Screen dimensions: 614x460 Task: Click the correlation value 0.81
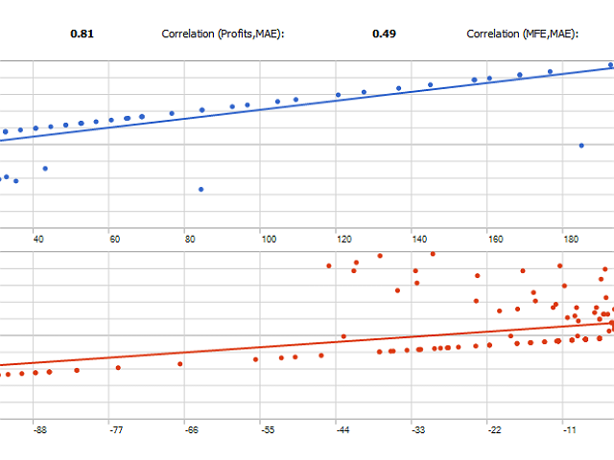click(x=82, y=34)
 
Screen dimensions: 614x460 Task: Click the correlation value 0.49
click(x=384, y=34)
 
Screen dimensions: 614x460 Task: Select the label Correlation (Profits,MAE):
click(x=223, y=34)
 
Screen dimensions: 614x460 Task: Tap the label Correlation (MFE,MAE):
click(x=522, y=34)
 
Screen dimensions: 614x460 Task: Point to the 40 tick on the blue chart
click(x=38, y=239)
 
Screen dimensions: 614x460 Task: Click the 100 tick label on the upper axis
click(x=269, y=239)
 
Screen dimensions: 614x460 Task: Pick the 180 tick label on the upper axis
click(x=571, y=239)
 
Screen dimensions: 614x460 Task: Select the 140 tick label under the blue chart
click(x=419, y=239)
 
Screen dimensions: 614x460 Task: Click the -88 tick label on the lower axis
click(x=40, y=430)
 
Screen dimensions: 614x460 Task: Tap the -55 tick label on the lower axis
click(x=268, y=430)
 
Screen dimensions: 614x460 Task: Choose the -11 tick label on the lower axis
click(x=570, y=430)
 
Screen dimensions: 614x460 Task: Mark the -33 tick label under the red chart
click(x=418, y=430)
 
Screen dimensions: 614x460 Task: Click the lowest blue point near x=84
click(x=201, y=190)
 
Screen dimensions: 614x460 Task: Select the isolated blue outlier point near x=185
click(x=581, y=146)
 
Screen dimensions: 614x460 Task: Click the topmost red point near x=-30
click(x=433, y=254)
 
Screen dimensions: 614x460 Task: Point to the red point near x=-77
click(x=118, y=368)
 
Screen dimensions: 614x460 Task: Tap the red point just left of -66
click(x=180, y=364)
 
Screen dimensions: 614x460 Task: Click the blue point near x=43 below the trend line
click(x=45, y=169)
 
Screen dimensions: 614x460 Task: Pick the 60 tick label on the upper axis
click(x=115, y=239)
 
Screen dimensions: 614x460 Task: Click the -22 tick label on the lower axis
click(x=495, y=430)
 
